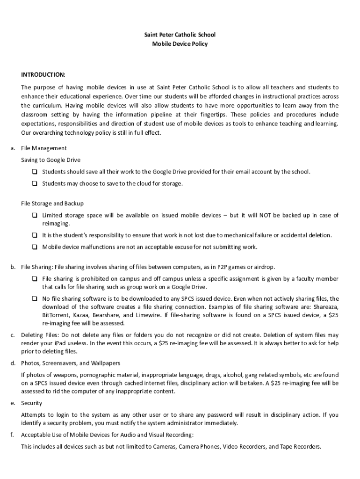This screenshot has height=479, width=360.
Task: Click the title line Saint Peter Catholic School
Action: click(180, 35)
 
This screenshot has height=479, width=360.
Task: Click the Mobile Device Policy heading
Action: click(180, 44)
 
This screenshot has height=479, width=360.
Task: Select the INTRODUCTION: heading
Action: click(43, 75)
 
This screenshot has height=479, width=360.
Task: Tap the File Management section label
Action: click(44, 148)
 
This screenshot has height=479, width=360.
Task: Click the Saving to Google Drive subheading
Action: click(50, 160)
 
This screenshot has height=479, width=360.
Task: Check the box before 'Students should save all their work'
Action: click(35, 172)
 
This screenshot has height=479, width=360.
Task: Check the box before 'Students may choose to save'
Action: click(35, 183)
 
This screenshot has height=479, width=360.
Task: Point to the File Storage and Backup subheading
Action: click(52, 203)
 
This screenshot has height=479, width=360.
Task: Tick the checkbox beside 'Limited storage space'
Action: click(35, 215)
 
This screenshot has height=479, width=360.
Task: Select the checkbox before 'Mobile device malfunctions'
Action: click(35, 247)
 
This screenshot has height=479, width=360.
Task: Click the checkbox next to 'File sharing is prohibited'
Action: click(35, 279)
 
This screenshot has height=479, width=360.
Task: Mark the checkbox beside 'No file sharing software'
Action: click(35, 298)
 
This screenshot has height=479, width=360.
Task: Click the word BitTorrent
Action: click(55, 315)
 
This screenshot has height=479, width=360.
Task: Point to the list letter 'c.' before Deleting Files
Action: click(13, 335)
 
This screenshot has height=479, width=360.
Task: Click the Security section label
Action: click(31, 403)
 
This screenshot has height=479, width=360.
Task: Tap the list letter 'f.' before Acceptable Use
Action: click(13, 435)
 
